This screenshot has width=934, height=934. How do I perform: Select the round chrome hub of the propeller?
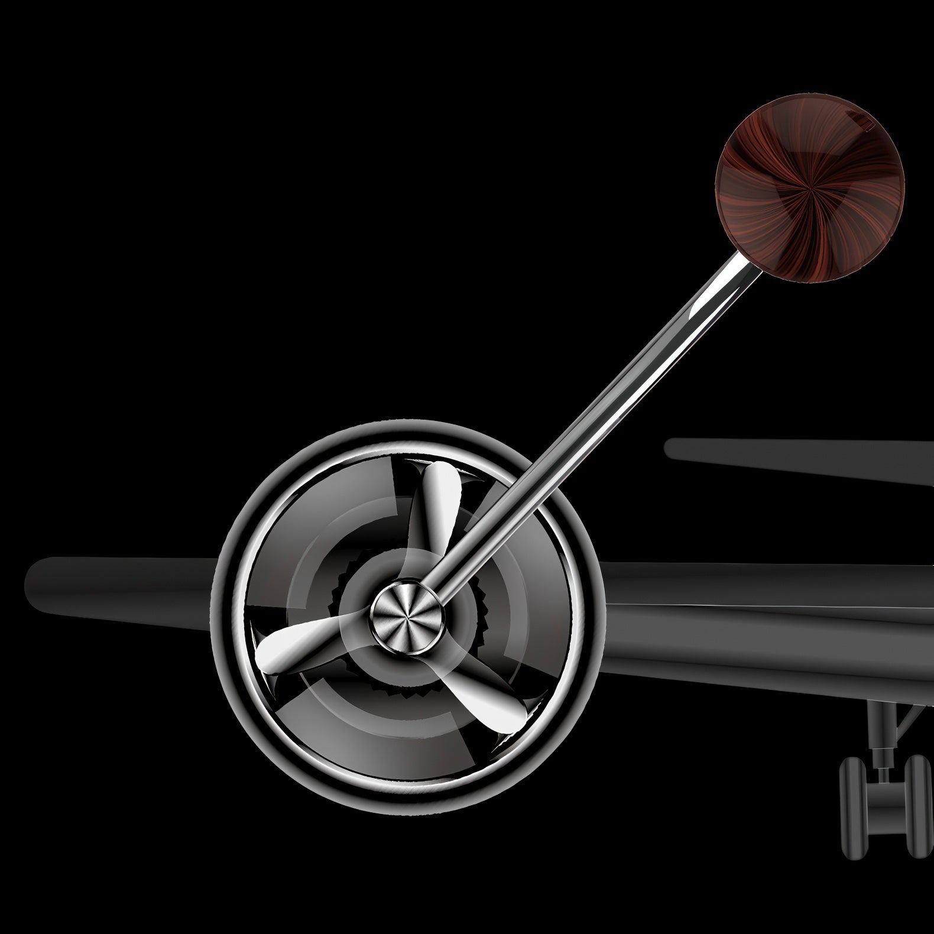coord(406,613)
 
